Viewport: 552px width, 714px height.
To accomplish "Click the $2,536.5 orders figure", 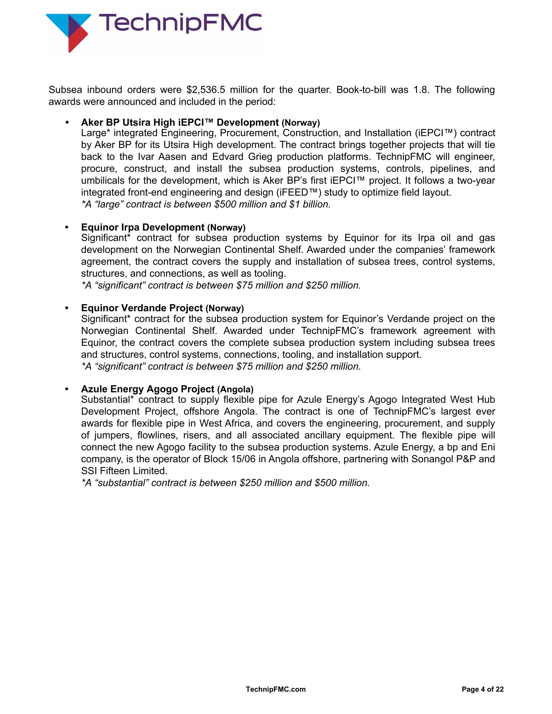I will click(x=206, y=90).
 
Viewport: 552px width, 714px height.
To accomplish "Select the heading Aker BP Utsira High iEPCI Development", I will click(x=180, y=122).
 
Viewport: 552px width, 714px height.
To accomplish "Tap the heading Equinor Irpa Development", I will click(x=143, y=227).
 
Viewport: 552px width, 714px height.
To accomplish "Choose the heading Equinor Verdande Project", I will click(x=142, y=308).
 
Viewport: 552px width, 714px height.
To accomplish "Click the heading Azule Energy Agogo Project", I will click(x=148, y=389).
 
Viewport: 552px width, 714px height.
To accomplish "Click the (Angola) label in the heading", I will click(x=235, y=389).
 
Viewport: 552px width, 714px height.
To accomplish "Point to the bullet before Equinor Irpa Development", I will click(x=67, y=227).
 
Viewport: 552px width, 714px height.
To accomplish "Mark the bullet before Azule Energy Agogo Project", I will click(x=67, y=389).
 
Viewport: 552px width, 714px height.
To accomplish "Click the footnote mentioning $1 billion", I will click(x=206, y=205).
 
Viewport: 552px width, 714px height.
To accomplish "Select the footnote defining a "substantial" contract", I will click(x=225, y=483).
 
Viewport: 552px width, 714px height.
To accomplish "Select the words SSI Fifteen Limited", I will click(x=124, y=471).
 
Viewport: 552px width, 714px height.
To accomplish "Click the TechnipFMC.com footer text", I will click(x=276, y=689).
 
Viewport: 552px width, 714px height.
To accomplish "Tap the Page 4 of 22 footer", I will click(x=482, y=689).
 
